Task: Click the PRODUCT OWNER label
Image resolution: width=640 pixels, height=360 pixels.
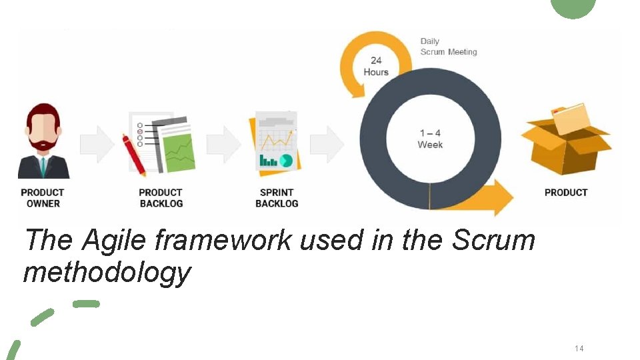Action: (x=43, y=198)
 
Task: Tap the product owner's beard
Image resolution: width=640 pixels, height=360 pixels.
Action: (x=43, y=143)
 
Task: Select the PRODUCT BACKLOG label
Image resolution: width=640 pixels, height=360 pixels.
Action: (x=161, y=198)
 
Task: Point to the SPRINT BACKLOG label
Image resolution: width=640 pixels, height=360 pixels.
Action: (x=277, y=198)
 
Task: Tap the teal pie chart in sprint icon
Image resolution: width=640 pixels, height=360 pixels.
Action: (x=286, y=160)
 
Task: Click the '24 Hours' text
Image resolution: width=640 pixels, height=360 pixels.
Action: (x=376, y=67)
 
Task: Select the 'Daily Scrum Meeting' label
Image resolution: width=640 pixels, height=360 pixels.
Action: (x=448, y=47)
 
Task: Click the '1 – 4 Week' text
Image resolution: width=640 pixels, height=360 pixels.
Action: (x=430, y=139)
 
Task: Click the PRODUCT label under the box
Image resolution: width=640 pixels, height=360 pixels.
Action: (x=566, y=193)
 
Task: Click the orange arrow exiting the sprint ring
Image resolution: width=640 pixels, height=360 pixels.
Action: (x=490, y=197)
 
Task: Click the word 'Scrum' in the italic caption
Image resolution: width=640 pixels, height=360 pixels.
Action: (x=493, y=240)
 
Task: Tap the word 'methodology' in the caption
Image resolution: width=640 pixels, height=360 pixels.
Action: (x=107, y=272)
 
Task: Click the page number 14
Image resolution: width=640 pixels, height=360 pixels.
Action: (x=579, y=349)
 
